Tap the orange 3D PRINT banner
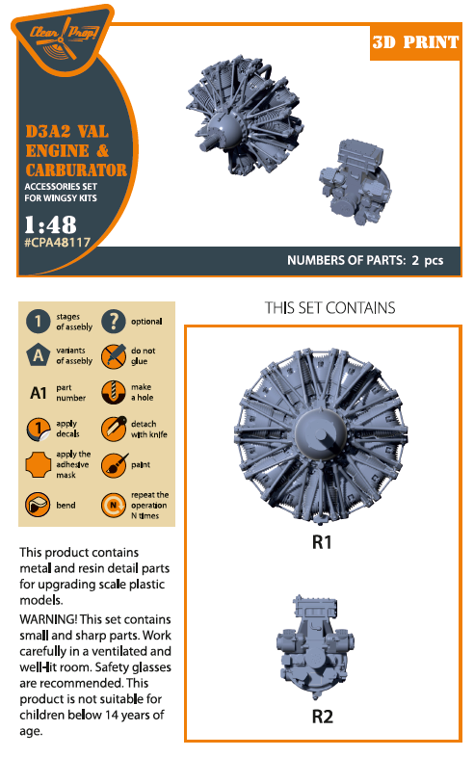click(x=415, y=42)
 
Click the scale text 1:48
click(x=50, y=224)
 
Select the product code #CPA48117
click(x=58, y=243)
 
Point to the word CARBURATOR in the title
click(x=76, y=170)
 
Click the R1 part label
click(x=322, y=542)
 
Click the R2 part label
click(x=323, y=717)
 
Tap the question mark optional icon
click(x=114, y=322)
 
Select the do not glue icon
click(x=114, y=356)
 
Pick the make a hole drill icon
click(x=114, y=392)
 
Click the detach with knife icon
click(x=114, y=429)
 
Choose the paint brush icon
click(x=114, y=465)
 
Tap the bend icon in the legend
click(x=38, y=505)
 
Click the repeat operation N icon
click(x=114, y=506)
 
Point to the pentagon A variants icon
click(x=38, y=355)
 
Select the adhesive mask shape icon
click(x=38, y=465)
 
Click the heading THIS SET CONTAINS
click(x=330, y=308)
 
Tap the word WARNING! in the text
click(x=48, y=619)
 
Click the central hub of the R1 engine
click(x=321, y=433)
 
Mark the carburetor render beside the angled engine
click(x=355, y=182)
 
